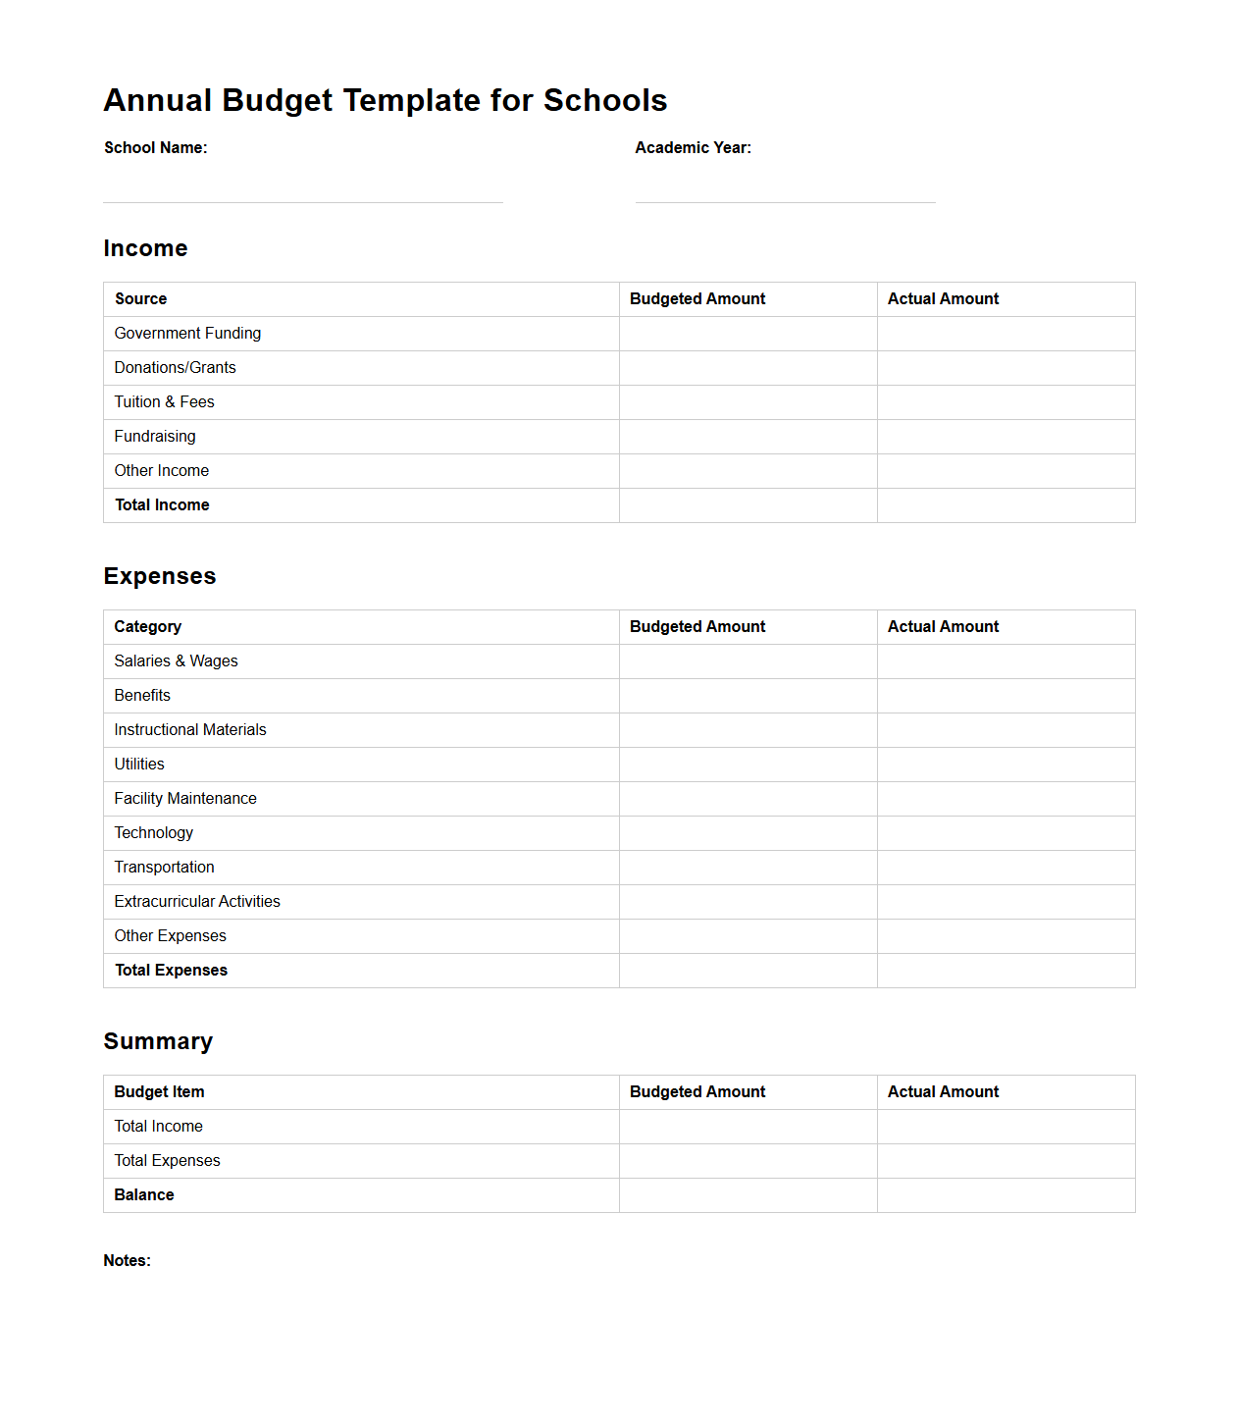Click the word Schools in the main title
coord(604,100)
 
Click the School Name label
coord(155,147)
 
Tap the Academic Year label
coord(693,147)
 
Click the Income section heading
coord(145,248)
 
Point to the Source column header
coord(140,299)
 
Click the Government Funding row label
coord(187,334)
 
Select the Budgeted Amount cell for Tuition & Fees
coord(748,402)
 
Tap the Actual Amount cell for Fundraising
coord(1006,437)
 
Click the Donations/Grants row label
coord(175,368)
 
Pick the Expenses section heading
coord(160,576)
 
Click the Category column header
coord(147,627)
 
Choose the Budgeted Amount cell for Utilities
coord(748,765)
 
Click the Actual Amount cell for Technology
coord(1006,833)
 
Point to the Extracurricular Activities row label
coord(197,902)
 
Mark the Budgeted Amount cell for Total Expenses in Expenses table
coord(748,971)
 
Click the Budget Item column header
coord(159,1092)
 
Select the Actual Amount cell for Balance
coord(1006,1195)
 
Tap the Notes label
coord(127,1261)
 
